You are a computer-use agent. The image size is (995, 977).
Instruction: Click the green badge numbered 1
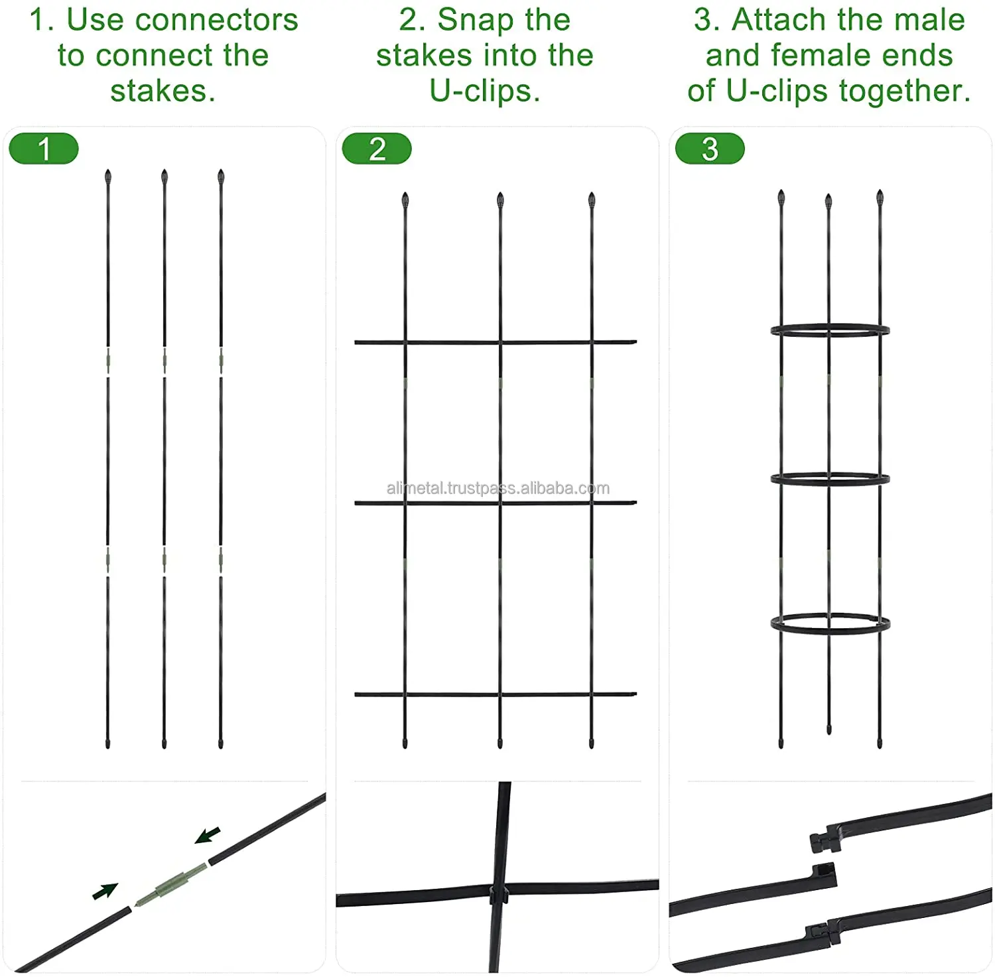point(44,149)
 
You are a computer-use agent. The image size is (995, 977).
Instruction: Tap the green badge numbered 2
point(377,149)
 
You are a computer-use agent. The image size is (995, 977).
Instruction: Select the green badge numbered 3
point(710,149)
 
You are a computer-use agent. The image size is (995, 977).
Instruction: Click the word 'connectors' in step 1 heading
point(216,20)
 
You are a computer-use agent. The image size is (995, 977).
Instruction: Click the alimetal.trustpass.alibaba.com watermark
point(497,489)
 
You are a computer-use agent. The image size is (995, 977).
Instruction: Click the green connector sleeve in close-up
point(172,884)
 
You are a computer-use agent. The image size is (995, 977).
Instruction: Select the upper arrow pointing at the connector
point(208,835)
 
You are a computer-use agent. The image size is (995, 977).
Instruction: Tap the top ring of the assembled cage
point(830,330)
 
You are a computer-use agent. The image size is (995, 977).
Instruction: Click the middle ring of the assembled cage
point(830,479)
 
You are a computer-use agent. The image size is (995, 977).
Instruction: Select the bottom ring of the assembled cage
point(830,623)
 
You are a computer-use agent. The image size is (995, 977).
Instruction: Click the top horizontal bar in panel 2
point(451,342)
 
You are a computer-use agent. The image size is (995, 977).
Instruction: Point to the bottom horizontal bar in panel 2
point(451,694)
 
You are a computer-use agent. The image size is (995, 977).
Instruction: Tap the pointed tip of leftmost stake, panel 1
point(108,176)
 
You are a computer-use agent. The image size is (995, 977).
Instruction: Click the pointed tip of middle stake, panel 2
point(500,199)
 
